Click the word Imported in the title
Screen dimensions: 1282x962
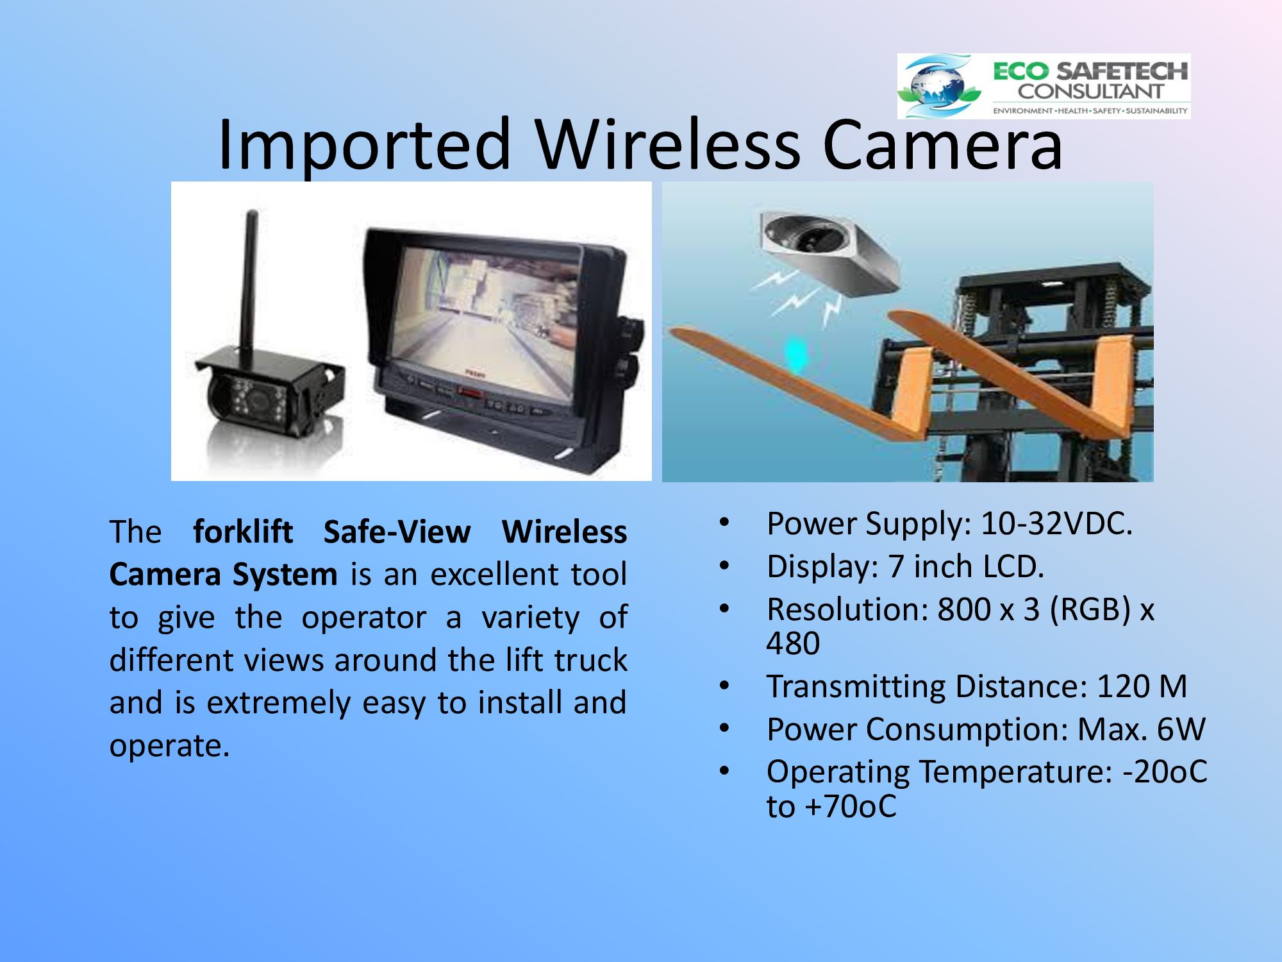(x=365, y=146)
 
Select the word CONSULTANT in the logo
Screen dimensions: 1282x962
(x=1090, y=91)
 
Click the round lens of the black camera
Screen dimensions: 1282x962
(x=255, y=401)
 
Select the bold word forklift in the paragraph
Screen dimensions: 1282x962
(x=243, y=532)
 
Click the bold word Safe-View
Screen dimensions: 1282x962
(x=397, y=532)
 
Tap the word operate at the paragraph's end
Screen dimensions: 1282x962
(x=169, y=746)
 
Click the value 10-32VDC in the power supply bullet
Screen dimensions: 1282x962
(x=1057, y=523)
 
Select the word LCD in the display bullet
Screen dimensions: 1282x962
(x=1014, y=566)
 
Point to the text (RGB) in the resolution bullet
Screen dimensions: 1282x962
(x=1090, y=609)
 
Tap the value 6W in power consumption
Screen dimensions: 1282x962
(x=1181, y=729)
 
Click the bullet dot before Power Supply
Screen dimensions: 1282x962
(x=724, y=522)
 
